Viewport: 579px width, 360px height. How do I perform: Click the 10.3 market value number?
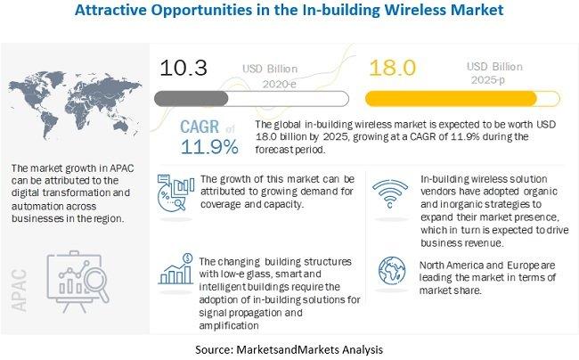pos(183,68)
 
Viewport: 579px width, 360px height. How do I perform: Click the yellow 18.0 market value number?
pos(393,68)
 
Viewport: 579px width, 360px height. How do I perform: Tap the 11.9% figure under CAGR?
pos(209,147)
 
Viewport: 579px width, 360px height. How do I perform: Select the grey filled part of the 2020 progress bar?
pos(192,99)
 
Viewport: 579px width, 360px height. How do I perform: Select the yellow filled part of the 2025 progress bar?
pos(451,99)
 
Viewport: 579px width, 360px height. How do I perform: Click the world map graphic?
pos(75,105)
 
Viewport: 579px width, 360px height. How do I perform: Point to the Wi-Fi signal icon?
pos(390,194)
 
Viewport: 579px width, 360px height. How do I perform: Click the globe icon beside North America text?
pos(392,271)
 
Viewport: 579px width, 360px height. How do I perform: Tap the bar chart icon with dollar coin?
pos(176,269)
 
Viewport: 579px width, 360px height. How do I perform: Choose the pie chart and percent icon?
pos(175,192)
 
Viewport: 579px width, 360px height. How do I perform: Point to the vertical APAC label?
pos(19,290)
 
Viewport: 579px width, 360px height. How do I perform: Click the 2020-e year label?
pos(279,84)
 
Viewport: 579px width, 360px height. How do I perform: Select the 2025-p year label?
pos(488,80)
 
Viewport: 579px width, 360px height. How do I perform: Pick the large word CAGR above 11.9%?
pos(200,127)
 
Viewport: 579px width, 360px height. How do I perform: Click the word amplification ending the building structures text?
pos(229,325)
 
